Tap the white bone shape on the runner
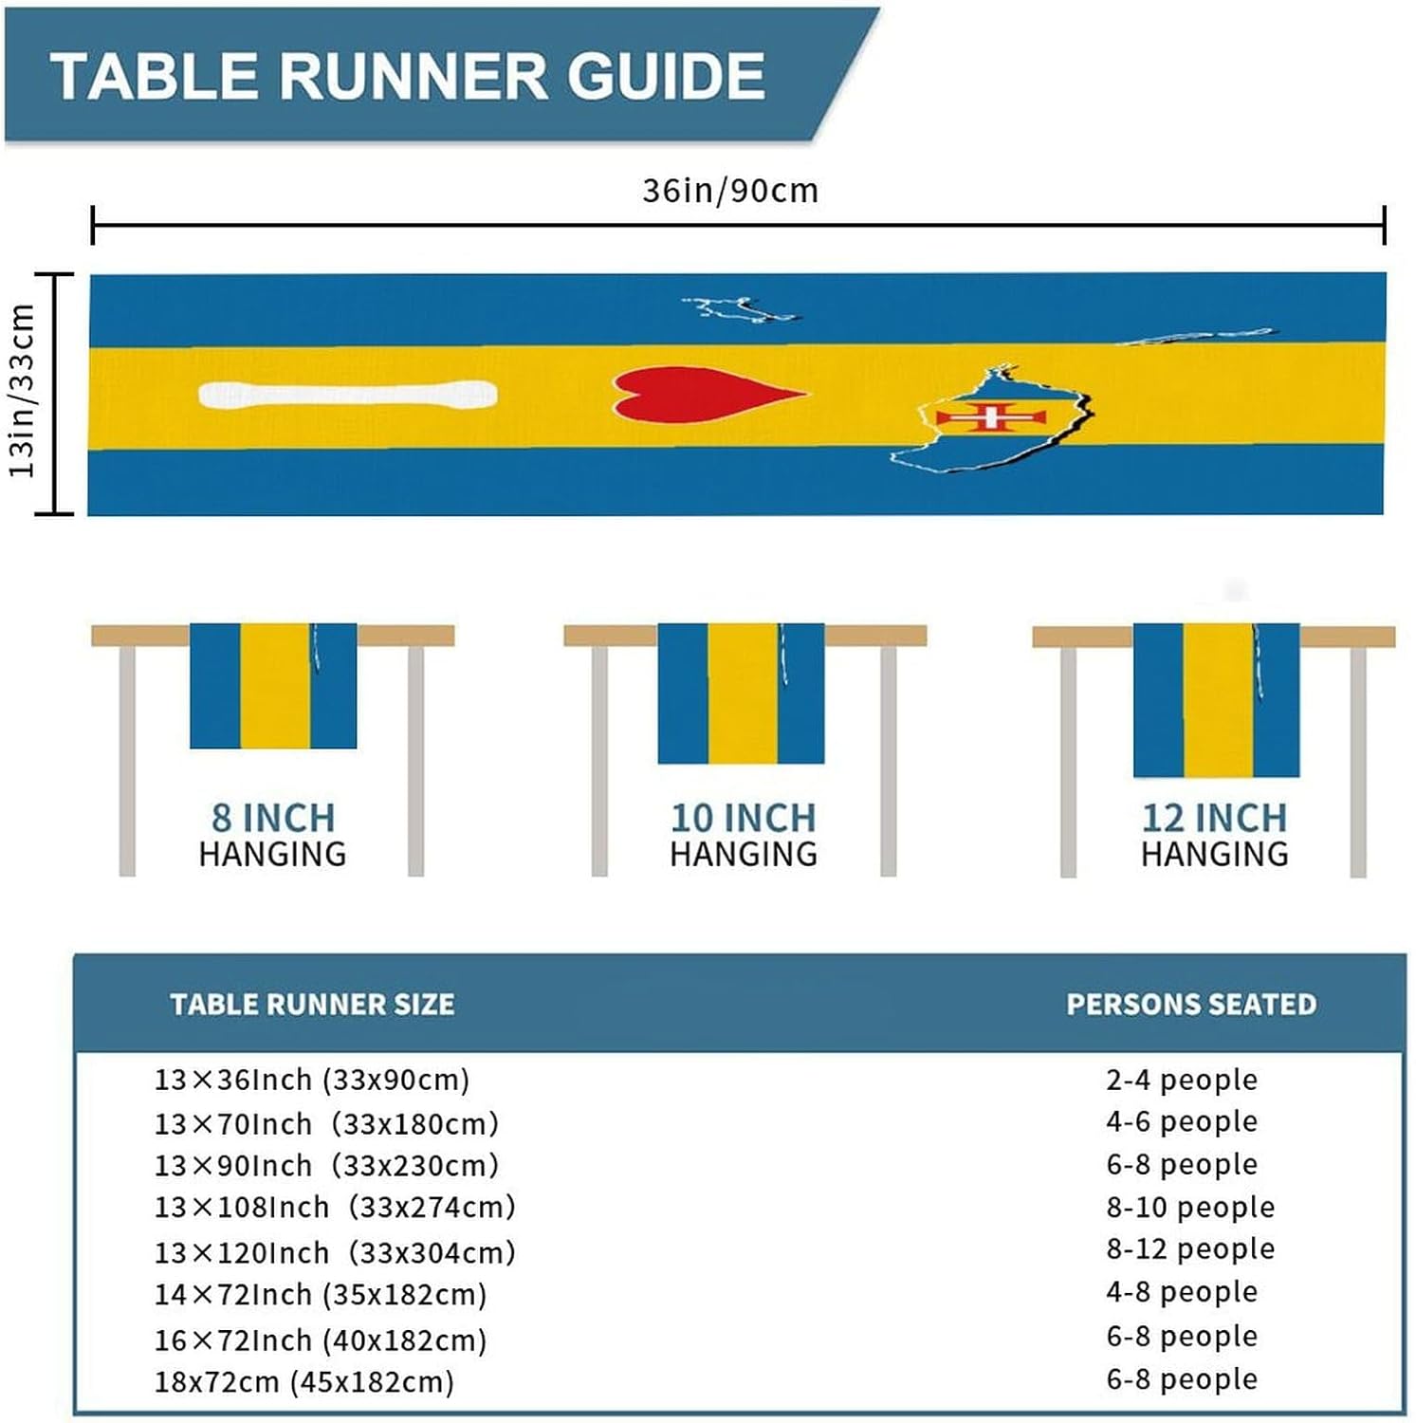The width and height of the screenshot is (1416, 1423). pos(348,395)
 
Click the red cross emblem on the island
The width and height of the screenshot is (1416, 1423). pos(991,416)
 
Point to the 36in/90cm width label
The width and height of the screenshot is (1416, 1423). pos(730,191)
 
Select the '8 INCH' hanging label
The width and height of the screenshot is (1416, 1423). pos(273,817)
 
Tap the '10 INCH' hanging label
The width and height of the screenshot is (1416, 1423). pos(743,817)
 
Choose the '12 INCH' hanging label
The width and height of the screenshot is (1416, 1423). pos(1214,817)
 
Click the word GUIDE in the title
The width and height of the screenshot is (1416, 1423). pos(666,76)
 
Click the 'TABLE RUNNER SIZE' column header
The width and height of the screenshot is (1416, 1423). pos(312,1004)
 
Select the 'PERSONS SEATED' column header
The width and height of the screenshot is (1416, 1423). pos(1191,1004)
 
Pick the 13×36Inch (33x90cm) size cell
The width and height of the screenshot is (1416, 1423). pos(312,1080)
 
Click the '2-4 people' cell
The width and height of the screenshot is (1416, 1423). pos(1182,1080)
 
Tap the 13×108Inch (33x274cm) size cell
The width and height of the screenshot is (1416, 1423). pos(335,1207)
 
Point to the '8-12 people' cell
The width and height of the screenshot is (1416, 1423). pos(1190,1248)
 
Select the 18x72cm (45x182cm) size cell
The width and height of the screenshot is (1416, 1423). pos(304,1381)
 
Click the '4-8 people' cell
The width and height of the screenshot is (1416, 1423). pos(1182,1291)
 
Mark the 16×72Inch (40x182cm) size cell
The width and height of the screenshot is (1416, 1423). pos(321,1340)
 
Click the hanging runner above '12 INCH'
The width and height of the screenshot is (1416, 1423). pos(1216,700)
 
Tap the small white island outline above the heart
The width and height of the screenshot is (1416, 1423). pos(740,309)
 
